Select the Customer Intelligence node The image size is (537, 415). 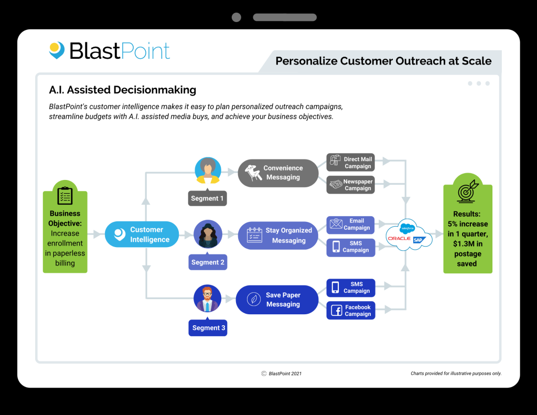(x=142, y=235)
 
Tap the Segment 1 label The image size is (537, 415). (x=208, y=198)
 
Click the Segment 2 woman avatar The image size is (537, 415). (x=208, y=234)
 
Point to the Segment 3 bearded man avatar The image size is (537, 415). (x=208, y=299)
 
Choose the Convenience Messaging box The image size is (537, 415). (x=278, y=173)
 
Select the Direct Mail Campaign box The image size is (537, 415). (x=350, y=163)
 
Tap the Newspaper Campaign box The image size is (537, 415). (x=350, y=185)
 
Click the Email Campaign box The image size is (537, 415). (x=350, y=225)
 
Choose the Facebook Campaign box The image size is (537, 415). (x=350, y=311)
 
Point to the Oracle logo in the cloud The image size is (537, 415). (x=399, y=239)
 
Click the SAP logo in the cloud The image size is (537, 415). (x=418, y=239)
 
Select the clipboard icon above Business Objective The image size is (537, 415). (x=65, y=195)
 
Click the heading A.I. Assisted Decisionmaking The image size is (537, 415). (x=122, y=90)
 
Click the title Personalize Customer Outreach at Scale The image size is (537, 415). (x=383, y=61)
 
